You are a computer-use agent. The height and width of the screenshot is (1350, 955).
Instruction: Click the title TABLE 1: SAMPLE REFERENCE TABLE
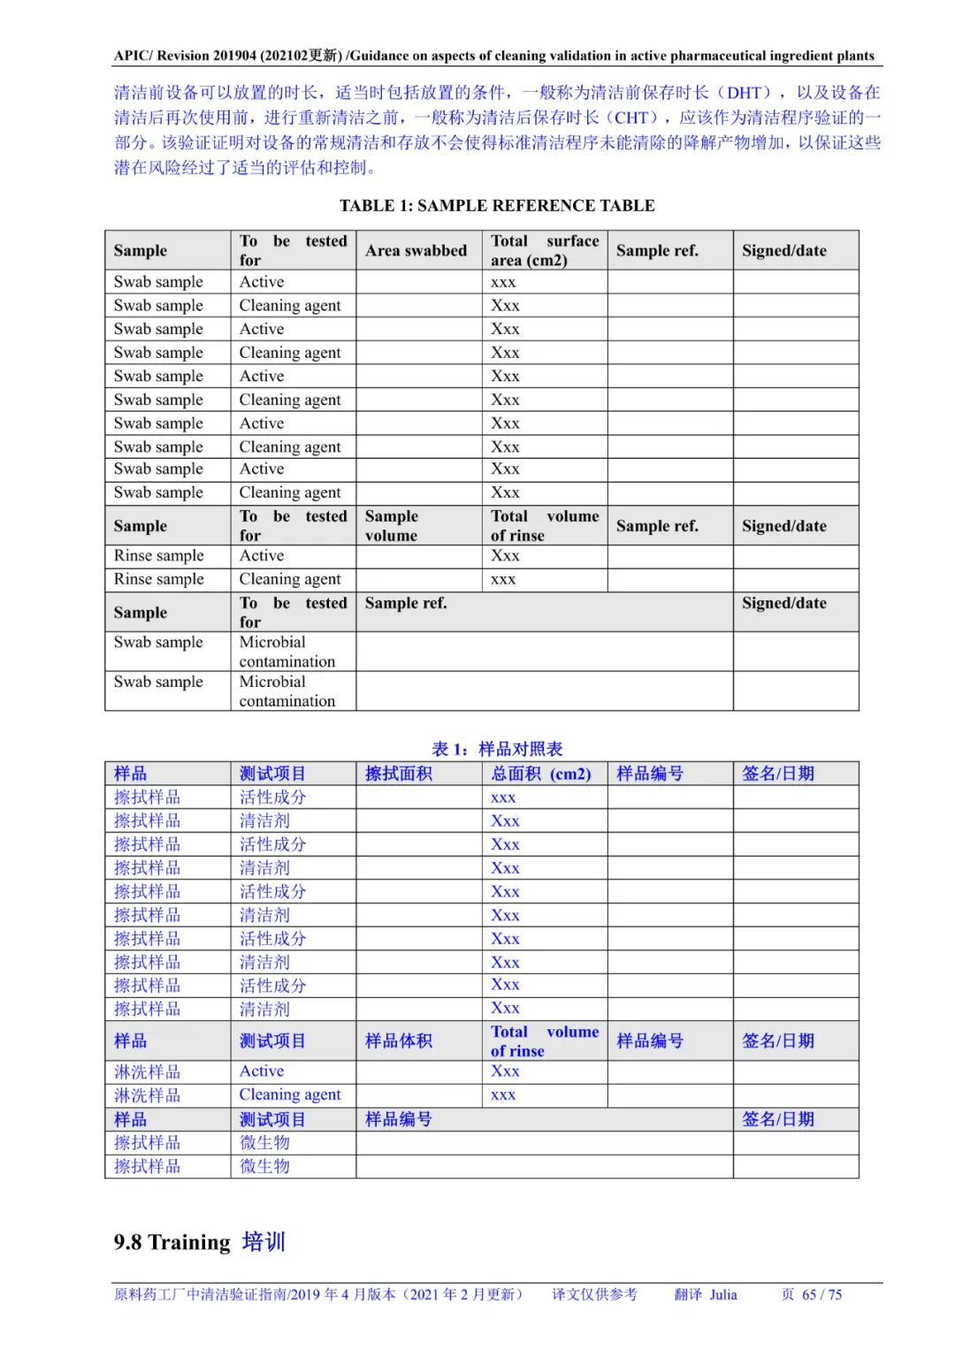497,206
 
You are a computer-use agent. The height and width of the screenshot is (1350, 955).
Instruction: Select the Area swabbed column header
416,251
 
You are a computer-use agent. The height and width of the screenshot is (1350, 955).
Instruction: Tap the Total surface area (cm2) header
544,251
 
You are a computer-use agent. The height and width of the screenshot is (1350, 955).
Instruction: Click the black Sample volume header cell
391,526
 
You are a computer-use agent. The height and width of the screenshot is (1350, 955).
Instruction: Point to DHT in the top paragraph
745,93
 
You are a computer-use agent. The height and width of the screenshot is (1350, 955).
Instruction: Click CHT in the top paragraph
632,118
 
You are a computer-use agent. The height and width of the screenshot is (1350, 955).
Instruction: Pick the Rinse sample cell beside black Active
159,556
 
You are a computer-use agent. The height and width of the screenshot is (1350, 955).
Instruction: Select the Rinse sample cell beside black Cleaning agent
159,580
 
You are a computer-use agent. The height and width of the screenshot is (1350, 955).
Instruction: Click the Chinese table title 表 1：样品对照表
497,749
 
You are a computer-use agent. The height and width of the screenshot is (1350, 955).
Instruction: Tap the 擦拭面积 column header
399,774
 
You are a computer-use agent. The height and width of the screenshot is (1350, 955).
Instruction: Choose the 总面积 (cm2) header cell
540,774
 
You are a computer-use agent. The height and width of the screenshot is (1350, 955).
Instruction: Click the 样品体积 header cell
399,1041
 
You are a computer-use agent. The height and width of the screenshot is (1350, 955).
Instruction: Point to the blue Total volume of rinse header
544,1041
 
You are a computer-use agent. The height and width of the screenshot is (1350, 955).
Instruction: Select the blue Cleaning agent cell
290,1095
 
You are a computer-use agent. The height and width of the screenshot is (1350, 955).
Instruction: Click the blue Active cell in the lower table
262,1072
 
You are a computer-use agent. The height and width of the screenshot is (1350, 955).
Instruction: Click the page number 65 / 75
821,1295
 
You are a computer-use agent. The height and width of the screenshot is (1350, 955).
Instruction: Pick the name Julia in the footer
723,1295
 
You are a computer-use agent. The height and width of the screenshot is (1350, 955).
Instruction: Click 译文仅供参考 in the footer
594,1295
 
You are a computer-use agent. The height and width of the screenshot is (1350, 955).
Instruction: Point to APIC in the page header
133,56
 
